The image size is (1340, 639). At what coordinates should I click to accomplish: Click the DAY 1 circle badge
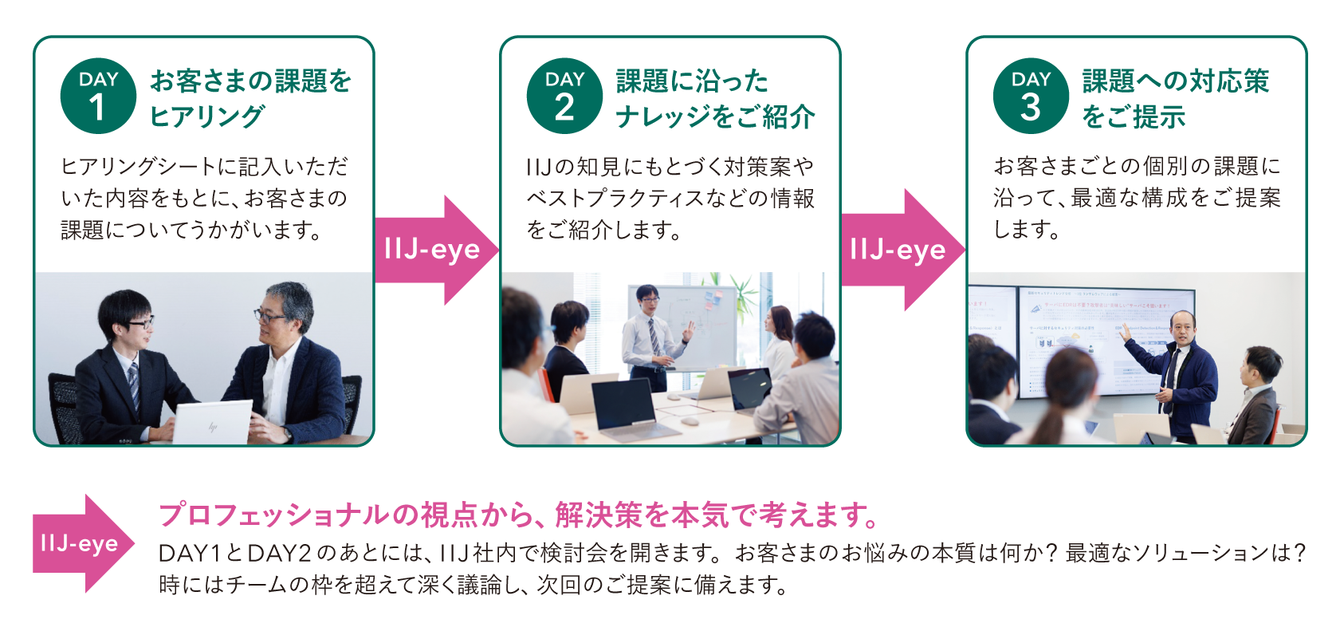tap(98, 96)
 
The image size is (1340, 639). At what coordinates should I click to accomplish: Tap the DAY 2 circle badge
tap(564, 96)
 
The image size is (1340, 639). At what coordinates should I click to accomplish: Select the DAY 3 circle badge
tap(1031, 96)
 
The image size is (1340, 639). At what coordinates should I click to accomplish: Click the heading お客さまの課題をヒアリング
tap(250, 98)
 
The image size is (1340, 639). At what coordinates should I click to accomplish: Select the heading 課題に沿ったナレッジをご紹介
tap(714, 98)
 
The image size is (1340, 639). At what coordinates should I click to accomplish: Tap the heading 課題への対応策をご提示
tap(1174, 98)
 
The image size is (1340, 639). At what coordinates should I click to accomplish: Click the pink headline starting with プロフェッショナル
tap(518, 515)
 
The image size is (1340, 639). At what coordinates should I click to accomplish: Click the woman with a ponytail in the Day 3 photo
tap(1068, 399)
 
